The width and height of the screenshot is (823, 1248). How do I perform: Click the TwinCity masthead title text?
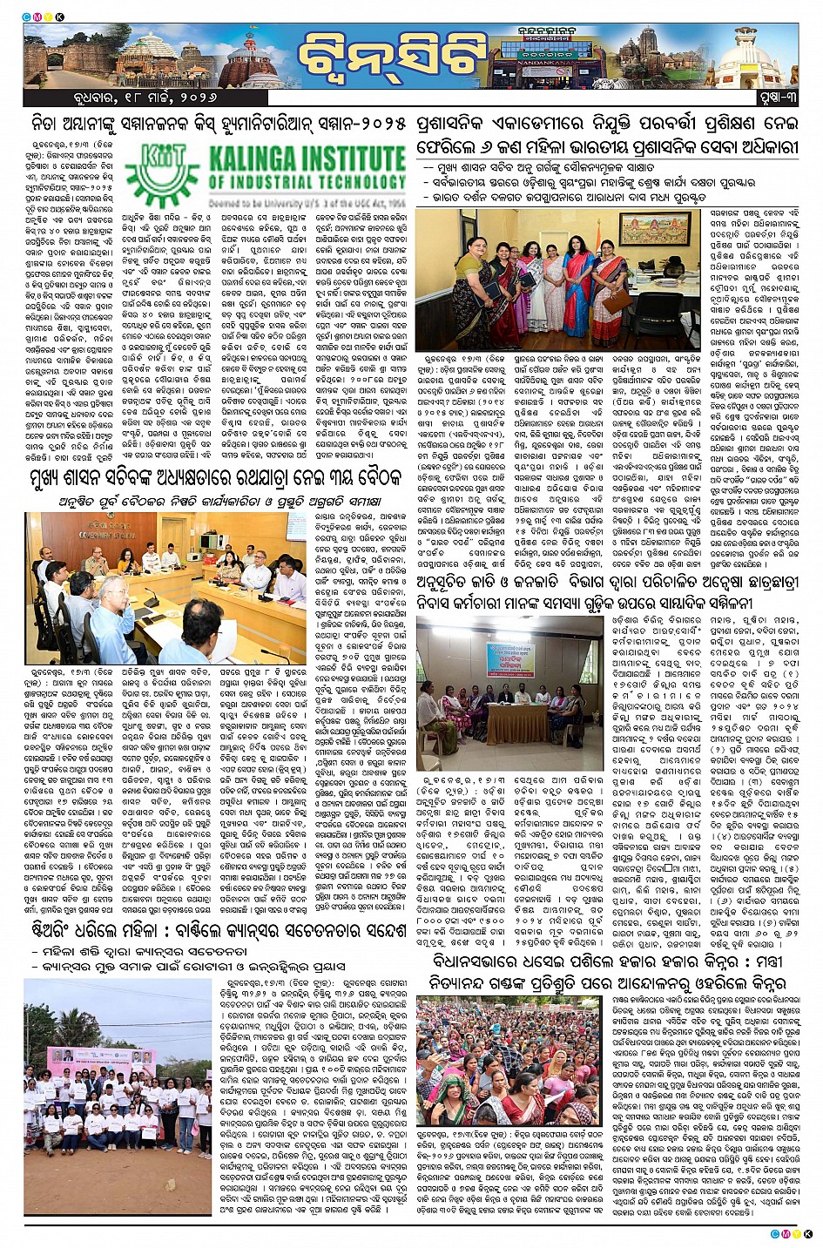pyautogui.click(x=391, y=58)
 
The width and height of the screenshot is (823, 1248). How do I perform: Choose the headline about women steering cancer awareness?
pyautogui.click(x=214, y=931)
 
